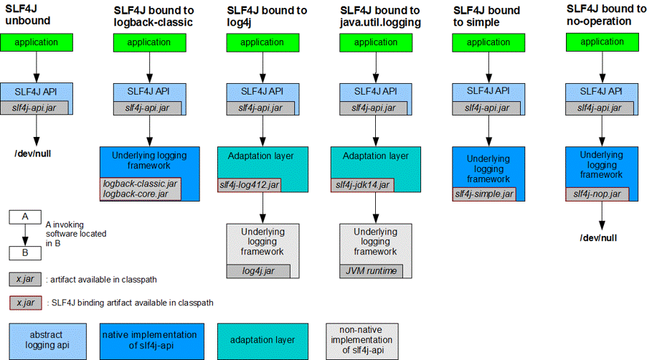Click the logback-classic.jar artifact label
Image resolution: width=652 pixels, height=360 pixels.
[x=140, y=184]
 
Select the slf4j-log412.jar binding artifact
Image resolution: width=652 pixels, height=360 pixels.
[x=249, y=185]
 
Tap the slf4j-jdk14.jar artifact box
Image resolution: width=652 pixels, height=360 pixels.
[x=362, y=185]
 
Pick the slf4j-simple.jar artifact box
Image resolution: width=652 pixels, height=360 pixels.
[x=483, y=194]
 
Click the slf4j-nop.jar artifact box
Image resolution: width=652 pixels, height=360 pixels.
[x=597, y=194]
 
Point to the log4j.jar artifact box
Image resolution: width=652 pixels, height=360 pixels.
[x=258, y=271]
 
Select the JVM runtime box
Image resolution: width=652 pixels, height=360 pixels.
[x=370, y=271]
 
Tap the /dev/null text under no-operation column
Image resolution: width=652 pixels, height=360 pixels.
[x=599, y=237]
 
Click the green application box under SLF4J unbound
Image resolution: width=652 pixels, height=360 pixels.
[x=36, y=42]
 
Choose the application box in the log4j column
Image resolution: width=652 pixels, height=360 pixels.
[x=262, y=43]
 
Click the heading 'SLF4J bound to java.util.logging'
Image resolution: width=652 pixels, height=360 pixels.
[x=380, y=16]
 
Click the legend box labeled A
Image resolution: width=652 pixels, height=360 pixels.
[x=25, y=216]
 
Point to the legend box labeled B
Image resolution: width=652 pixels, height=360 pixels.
[x=25, y=252]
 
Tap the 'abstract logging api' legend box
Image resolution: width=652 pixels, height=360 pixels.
[x=47, y=341]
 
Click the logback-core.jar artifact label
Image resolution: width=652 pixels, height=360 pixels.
[x=136, y=194]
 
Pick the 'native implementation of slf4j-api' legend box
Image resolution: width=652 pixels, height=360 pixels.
[x=150, y=341]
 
